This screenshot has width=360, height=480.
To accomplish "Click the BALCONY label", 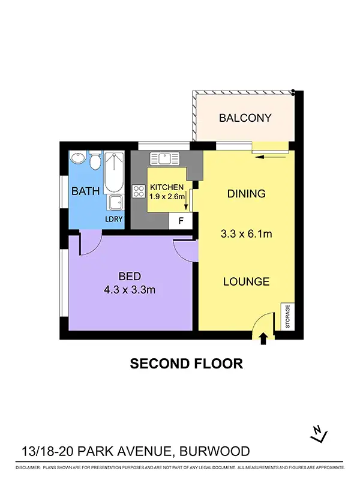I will [x=245, y=118].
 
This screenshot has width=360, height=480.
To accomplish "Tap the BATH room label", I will [x=82, y=192].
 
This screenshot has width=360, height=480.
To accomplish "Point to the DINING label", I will [x=246, y=194].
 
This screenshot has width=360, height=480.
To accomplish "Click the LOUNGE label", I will [x=246, y=281].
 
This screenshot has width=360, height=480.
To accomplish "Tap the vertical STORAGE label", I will [x=287, y=316].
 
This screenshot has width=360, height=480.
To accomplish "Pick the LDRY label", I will [x=114, y=219].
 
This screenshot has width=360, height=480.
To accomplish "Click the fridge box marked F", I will [x=181, y=221].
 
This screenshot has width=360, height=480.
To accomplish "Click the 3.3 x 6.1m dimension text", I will [x=247, y=234].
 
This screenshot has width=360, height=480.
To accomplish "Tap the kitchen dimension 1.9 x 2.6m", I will [x=167, y=196].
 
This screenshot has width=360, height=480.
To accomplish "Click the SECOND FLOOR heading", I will [x=187, y=363].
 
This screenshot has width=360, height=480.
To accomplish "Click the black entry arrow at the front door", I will [x=263, y=340].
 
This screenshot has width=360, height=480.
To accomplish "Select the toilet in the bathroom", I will [x=94, y=162].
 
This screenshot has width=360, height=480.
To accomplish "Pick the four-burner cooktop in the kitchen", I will [x=139, y=192].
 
